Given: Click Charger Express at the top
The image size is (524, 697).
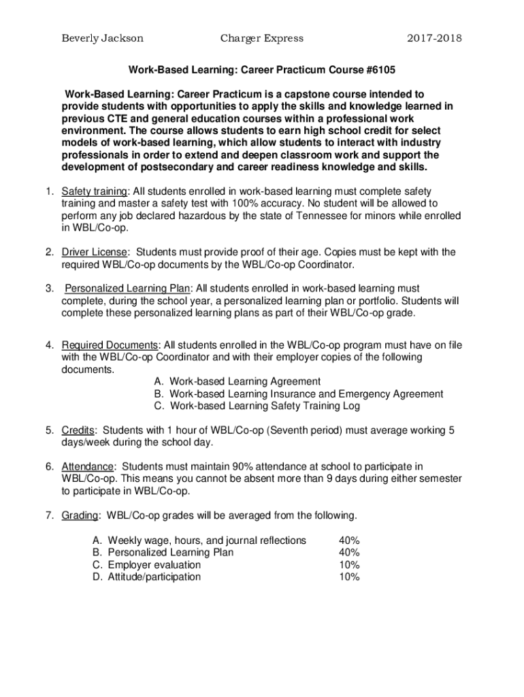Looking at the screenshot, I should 262,38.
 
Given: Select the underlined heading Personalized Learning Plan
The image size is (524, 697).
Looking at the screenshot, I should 127,289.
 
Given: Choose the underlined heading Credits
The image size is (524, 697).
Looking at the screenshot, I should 78,430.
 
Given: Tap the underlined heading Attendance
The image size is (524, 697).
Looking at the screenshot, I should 87,466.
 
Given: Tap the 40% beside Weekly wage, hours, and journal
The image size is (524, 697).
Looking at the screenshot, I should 349,540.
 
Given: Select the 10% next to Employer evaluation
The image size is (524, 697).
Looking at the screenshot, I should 349,564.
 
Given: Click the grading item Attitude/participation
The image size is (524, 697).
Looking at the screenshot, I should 154,577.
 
